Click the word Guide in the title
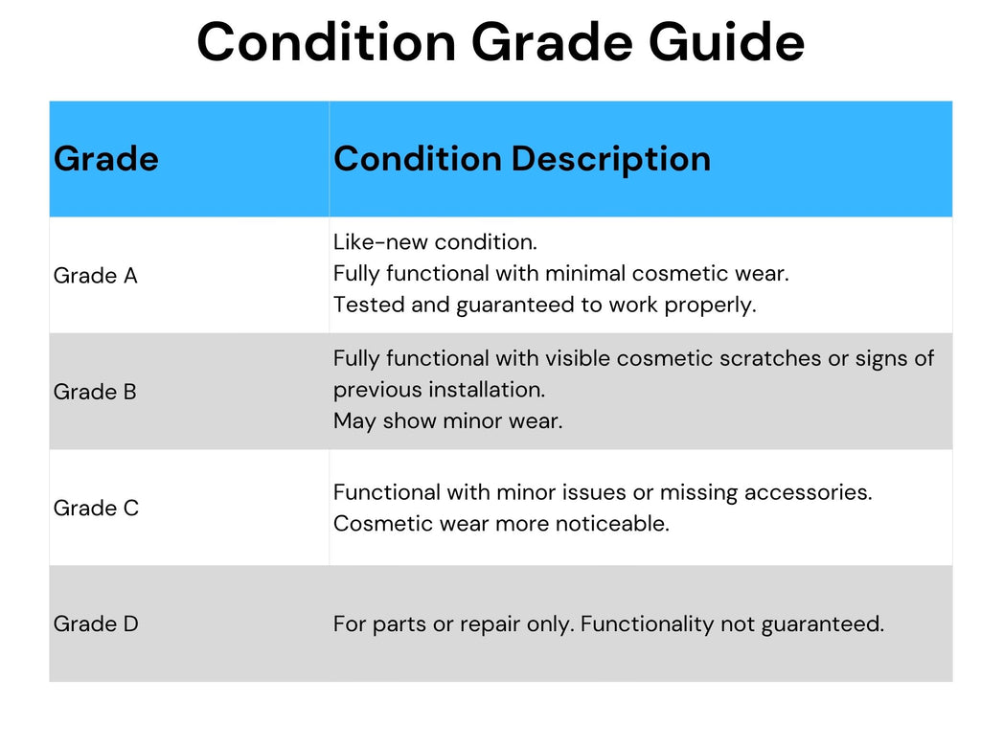726,41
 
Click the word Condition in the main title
327,41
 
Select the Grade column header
105,158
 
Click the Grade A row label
95,275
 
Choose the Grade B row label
95,392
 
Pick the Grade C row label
96,508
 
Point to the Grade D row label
96,623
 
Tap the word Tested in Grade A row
369,305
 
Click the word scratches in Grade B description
770,358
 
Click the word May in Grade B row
354,421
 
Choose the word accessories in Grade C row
808,492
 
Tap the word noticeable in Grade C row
612,524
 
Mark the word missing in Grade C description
698,493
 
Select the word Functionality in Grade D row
647,624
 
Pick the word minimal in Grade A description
585,273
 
